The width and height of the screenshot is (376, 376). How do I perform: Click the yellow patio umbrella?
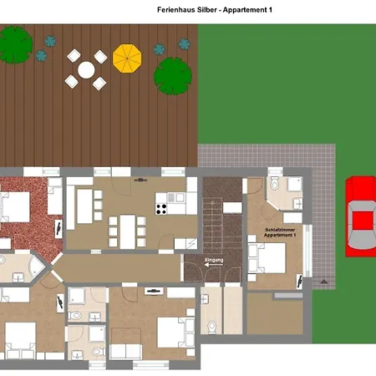[x=127, y=58]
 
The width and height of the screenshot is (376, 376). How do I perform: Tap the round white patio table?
[x=86, y=69]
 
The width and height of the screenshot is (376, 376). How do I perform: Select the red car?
[x=361, y=216]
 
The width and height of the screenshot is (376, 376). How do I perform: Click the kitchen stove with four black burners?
[x=161, y=209]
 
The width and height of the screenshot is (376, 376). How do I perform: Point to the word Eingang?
[x=214, y=260]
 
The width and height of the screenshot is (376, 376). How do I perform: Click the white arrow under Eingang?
[x=214, y=265]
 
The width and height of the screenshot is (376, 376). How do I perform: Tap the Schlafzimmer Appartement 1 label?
[x=280, y=232]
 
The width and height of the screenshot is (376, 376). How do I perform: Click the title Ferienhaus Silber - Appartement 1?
[x=215, y=10]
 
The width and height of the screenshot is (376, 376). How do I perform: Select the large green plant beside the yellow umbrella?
[x=173, y=76]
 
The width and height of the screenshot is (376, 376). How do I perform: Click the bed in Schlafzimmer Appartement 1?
[x=267, y=258]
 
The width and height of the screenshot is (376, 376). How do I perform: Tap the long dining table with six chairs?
[x=128, y=231]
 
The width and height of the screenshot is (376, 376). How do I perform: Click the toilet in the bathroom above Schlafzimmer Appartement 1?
[x=275, y=183]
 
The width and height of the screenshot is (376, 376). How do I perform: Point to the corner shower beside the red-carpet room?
[x=36, y=267]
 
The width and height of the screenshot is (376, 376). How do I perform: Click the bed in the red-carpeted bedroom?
[x=14, y=206]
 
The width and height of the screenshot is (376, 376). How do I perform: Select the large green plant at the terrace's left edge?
[x=15, y=44]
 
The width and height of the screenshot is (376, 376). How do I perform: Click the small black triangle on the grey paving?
[x=323, y=282]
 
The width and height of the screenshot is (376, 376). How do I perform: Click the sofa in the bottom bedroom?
[x=126, y=352]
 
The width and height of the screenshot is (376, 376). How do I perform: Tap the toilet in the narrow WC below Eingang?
[x=212, y=327]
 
